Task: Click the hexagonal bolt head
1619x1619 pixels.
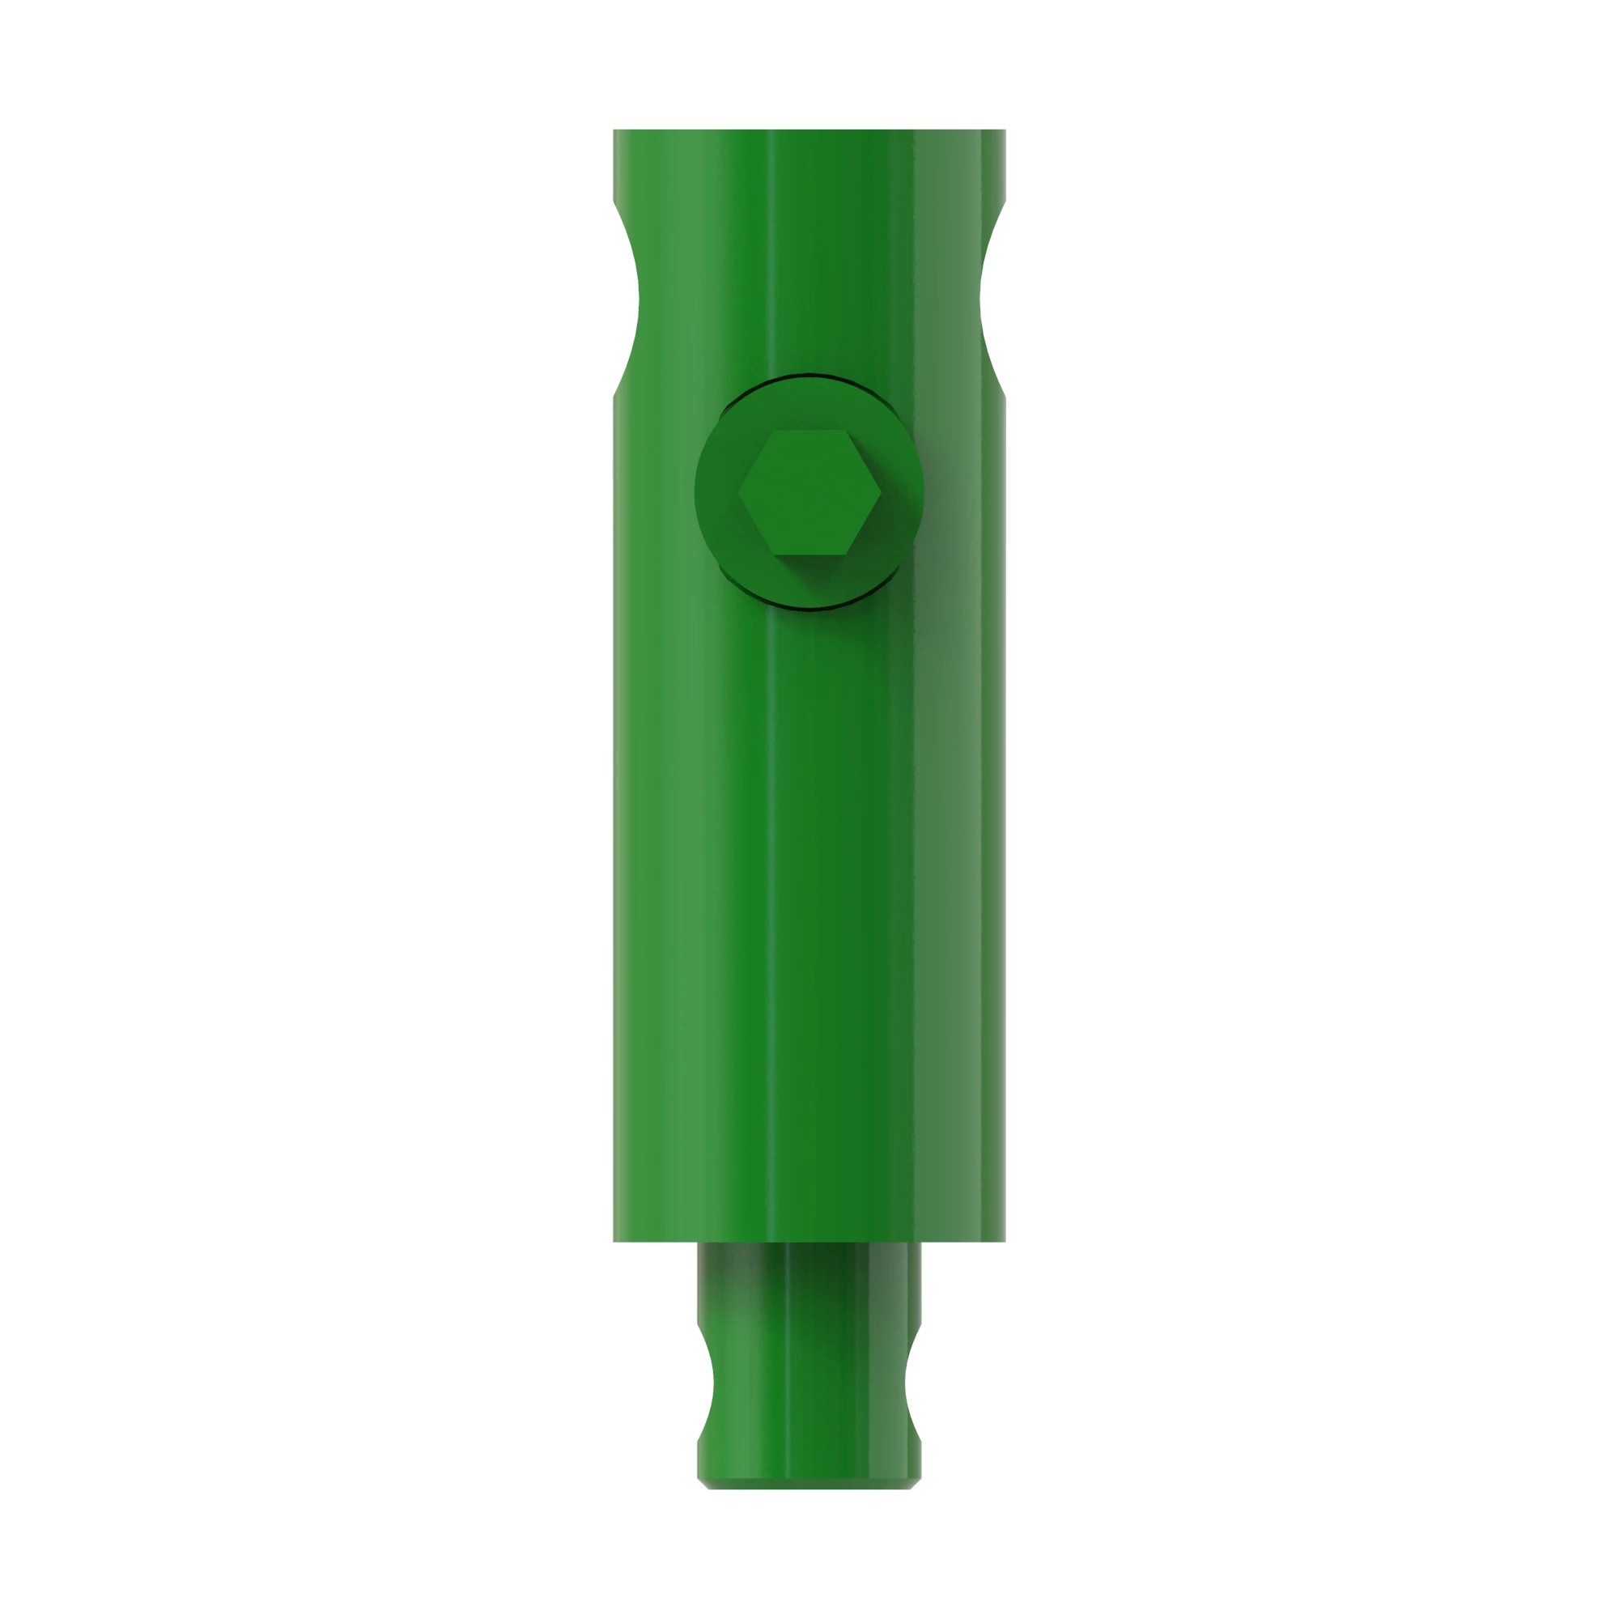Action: pyautogui.click(x=809, y=492)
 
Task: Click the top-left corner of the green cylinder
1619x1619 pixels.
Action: pyautogui.click(x=615, y=132)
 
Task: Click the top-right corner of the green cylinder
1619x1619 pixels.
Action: pyautogui.click(x=1004, y=132)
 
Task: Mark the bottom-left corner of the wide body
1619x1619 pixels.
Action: pyautogui.click(x=615, y=1239)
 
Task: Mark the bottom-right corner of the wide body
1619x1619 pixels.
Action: pyautogui.click(x=1004, y=1239)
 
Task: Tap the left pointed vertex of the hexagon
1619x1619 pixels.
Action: pyautogui.click(x=738, y=493)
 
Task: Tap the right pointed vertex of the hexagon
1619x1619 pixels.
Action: pyautogui.click(x=880, y=493)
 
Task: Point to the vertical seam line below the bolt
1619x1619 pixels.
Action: pyautogui.click(x=768, y=922)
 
